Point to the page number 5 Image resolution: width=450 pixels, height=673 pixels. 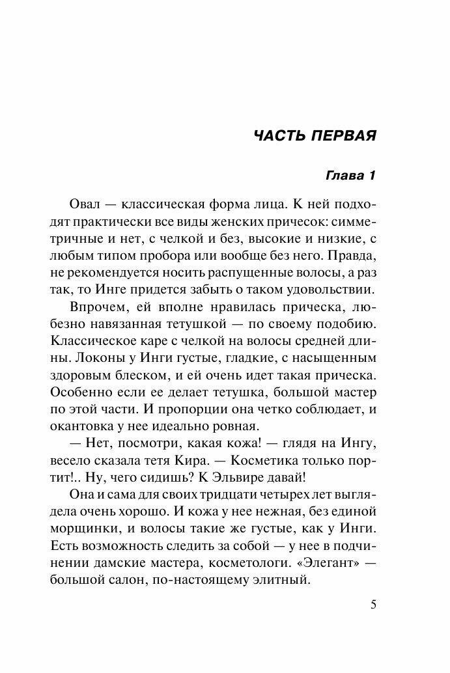(x=373, y=604)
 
